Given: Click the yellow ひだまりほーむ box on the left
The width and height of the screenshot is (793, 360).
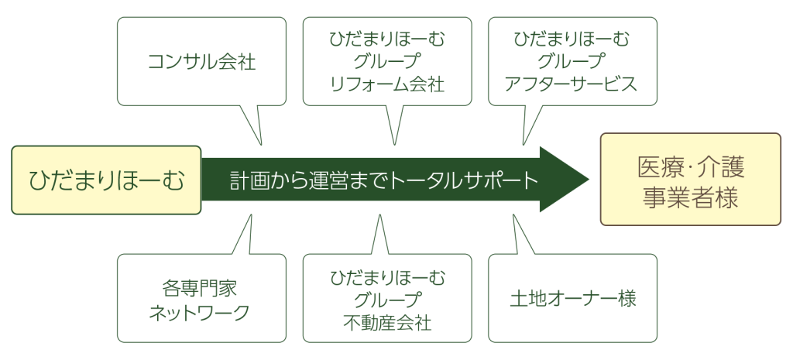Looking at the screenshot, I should [x=106, y=180].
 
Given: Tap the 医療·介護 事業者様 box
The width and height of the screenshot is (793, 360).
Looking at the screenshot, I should [x=691, y=180].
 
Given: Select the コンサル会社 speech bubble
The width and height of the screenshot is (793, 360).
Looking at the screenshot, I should [x=201, y=61].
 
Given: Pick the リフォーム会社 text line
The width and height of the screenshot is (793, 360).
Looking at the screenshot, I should [x=387, y=84].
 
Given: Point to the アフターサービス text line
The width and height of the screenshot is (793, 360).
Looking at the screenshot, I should [x=572, y=84].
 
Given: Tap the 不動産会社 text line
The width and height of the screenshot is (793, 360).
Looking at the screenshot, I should [x=387, y=321].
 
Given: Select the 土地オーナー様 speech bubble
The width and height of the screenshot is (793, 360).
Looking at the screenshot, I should [x=572, y=299].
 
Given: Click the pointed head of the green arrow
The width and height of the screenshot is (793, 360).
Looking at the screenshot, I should [x=569, y=180].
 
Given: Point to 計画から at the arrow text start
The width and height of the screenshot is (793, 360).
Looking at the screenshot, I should [x=258, y=180].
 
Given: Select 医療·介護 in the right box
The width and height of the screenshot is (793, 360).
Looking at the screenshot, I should [x=691, y=166].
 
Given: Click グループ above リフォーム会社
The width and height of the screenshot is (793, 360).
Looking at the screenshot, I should [x=387, y=61].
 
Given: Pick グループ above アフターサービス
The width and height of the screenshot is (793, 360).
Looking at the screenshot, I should [x=572, y=61].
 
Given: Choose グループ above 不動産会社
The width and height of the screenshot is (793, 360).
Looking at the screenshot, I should [x=387, y=299].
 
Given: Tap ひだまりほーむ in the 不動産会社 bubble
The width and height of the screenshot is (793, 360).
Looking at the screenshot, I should [x=387, y=276].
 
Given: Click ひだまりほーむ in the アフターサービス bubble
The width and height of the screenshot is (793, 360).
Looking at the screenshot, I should [x=572, y=38].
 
